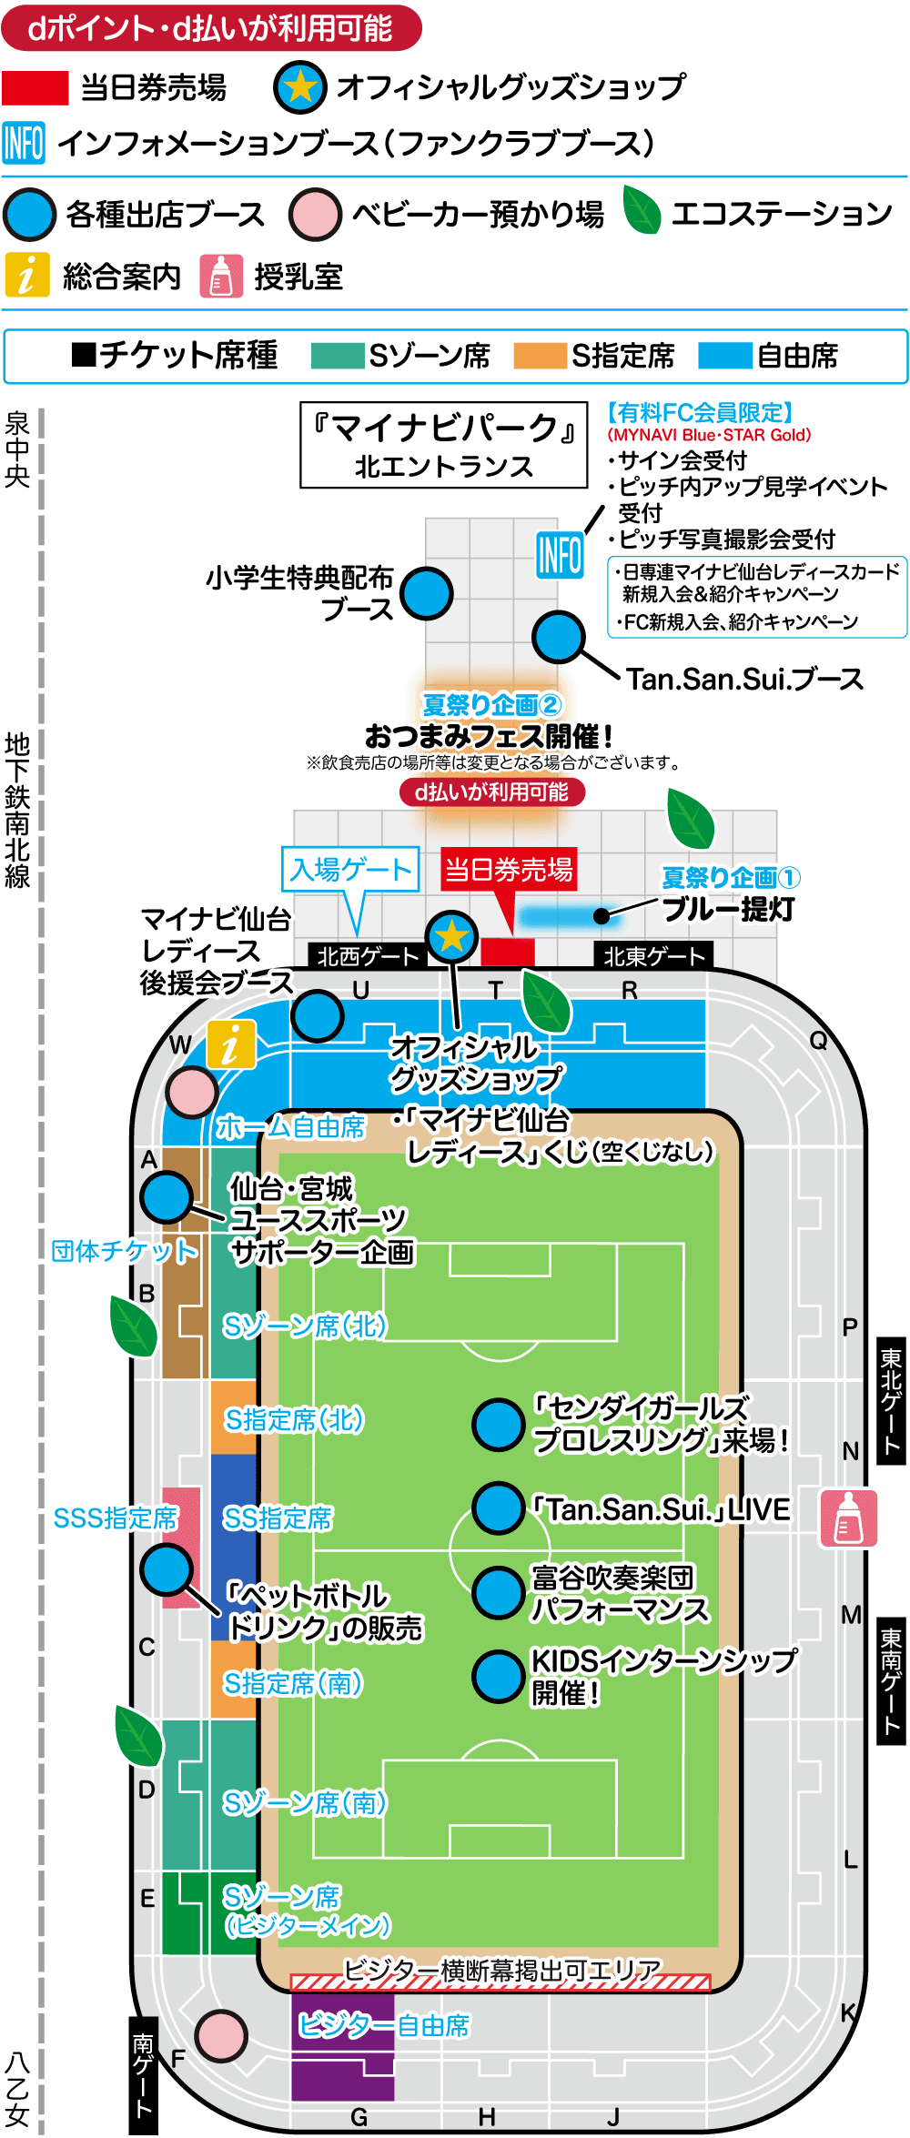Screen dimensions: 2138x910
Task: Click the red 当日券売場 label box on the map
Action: (x=509, y=870)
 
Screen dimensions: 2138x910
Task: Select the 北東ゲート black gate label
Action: (x=653, y=955)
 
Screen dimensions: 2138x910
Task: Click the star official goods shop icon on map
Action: (x=451, y=935)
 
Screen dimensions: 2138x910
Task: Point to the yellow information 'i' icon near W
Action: (x=231, y=1044)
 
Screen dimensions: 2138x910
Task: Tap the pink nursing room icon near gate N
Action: (x=848, y=1518)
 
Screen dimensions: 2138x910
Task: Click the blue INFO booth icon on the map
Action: (x=560, y=554)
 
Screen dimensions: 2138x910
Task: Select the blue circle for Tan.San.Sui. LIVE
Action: (x=498, y=1508)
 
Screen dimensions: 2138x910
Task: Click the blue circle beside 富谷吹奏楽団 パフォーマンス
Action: (x=498, y=1592)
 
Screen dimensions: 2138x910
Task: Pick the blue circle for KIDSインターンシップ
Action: (x=498, y=1676)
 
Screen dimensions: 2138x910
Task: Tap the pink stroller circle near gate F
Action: (x=221, y=2035)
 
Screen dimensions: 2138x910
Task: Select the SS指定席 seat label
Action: (x=278, y=1518)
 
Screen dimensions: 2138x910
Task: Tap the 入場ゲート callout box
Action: (x=350, y=870)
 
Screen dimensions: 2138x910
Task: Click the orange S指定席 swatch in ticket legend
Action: (x=540, y=356)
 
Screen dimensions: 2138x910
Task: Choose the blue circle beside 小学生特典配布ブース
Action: (x=427, y=593)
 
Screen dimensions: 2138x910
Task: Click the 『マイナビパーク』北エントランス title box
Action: (x=443, y=445)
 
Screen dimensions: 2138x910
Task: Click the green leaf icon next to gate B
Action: (x=133, y=1326)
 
